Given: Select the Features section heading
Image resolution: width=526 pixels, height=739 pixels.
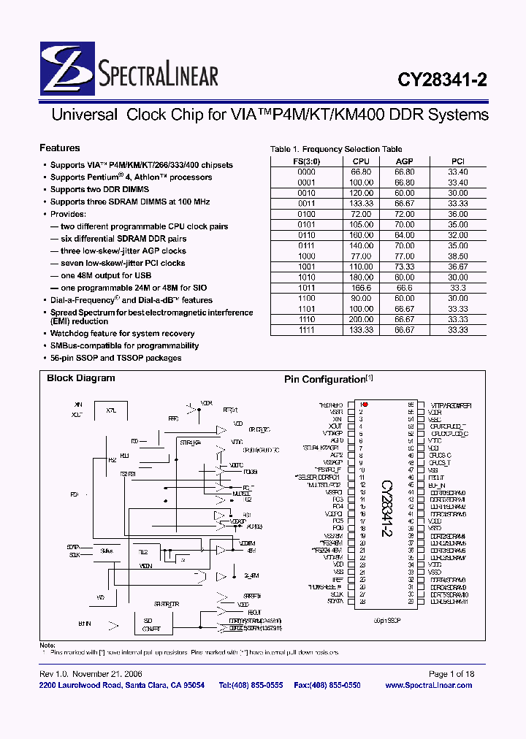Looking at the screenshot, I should pos(60,148).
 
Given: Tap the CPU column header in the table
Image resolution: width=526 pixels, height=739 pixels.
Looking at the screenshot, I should pos(361,161).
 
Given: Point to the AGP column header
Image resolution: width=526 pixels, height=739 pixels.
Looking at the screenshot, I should pos(404,161).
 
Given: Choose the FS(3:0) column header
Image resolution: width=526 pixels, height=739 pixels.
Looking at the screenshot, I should pos(307,161).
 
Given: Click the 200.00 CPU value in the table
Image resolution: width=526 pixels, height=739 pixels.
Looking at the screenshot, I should pos(361,319).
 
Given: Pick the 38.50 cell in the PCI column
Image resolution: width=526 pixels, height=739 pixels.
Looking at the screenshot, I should pos(457,257).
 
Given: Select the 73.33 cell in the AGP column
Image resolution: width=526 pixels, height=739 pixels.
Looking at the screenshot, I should pos(404,267).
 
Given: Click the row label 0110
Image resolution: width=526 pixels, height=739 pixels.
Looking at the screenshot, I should pos(307,236).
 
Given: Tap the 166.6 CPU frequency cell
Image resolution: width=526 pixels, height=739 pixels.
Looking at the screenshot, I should pos(361,288).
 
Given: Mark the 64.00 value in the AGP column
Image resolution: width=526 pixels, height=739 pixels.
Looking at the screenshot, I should pos(404,236).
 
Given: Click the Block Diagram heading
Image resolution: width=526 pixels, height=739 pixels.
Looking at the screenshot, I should pos(81,378).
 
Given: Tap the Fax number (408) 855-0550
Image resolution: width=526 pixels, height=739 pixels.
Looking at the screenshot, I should pos(328,685).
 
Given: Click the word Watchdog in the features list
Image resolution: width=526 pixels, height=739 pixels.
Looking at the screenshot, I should pos(68,333).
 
